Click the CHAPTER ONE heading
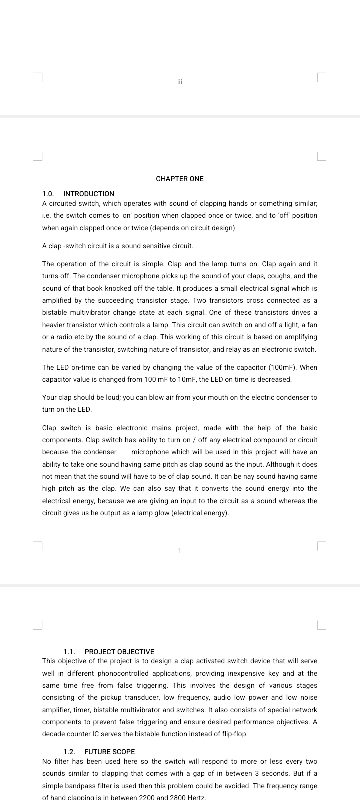coord(180,179)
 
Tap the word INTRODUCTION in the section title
coord(89,194)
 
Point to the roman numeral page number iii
coord(180,81)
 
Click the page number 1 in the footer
coord(180,551)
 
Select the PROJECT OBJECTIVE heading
coord(119,652)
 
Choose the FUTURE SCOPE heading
coord(110,752)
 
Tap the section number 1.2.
coord(69,752)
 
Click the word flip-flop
coord(234,734)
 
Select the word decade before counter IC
coord(54,734)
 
